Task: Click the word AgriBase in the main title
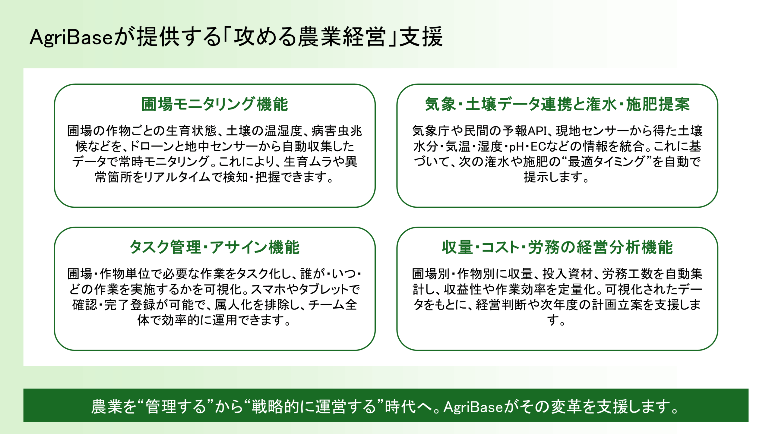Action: (71, 37)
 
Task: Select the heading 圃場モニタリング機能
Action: (215, 104)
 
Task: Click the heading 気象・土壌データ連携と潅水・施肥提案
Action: (557, 104)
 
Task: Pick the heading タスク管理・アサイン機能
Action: (215, 247)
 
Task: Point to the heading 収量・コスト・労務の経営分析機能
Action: (557, 247)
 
